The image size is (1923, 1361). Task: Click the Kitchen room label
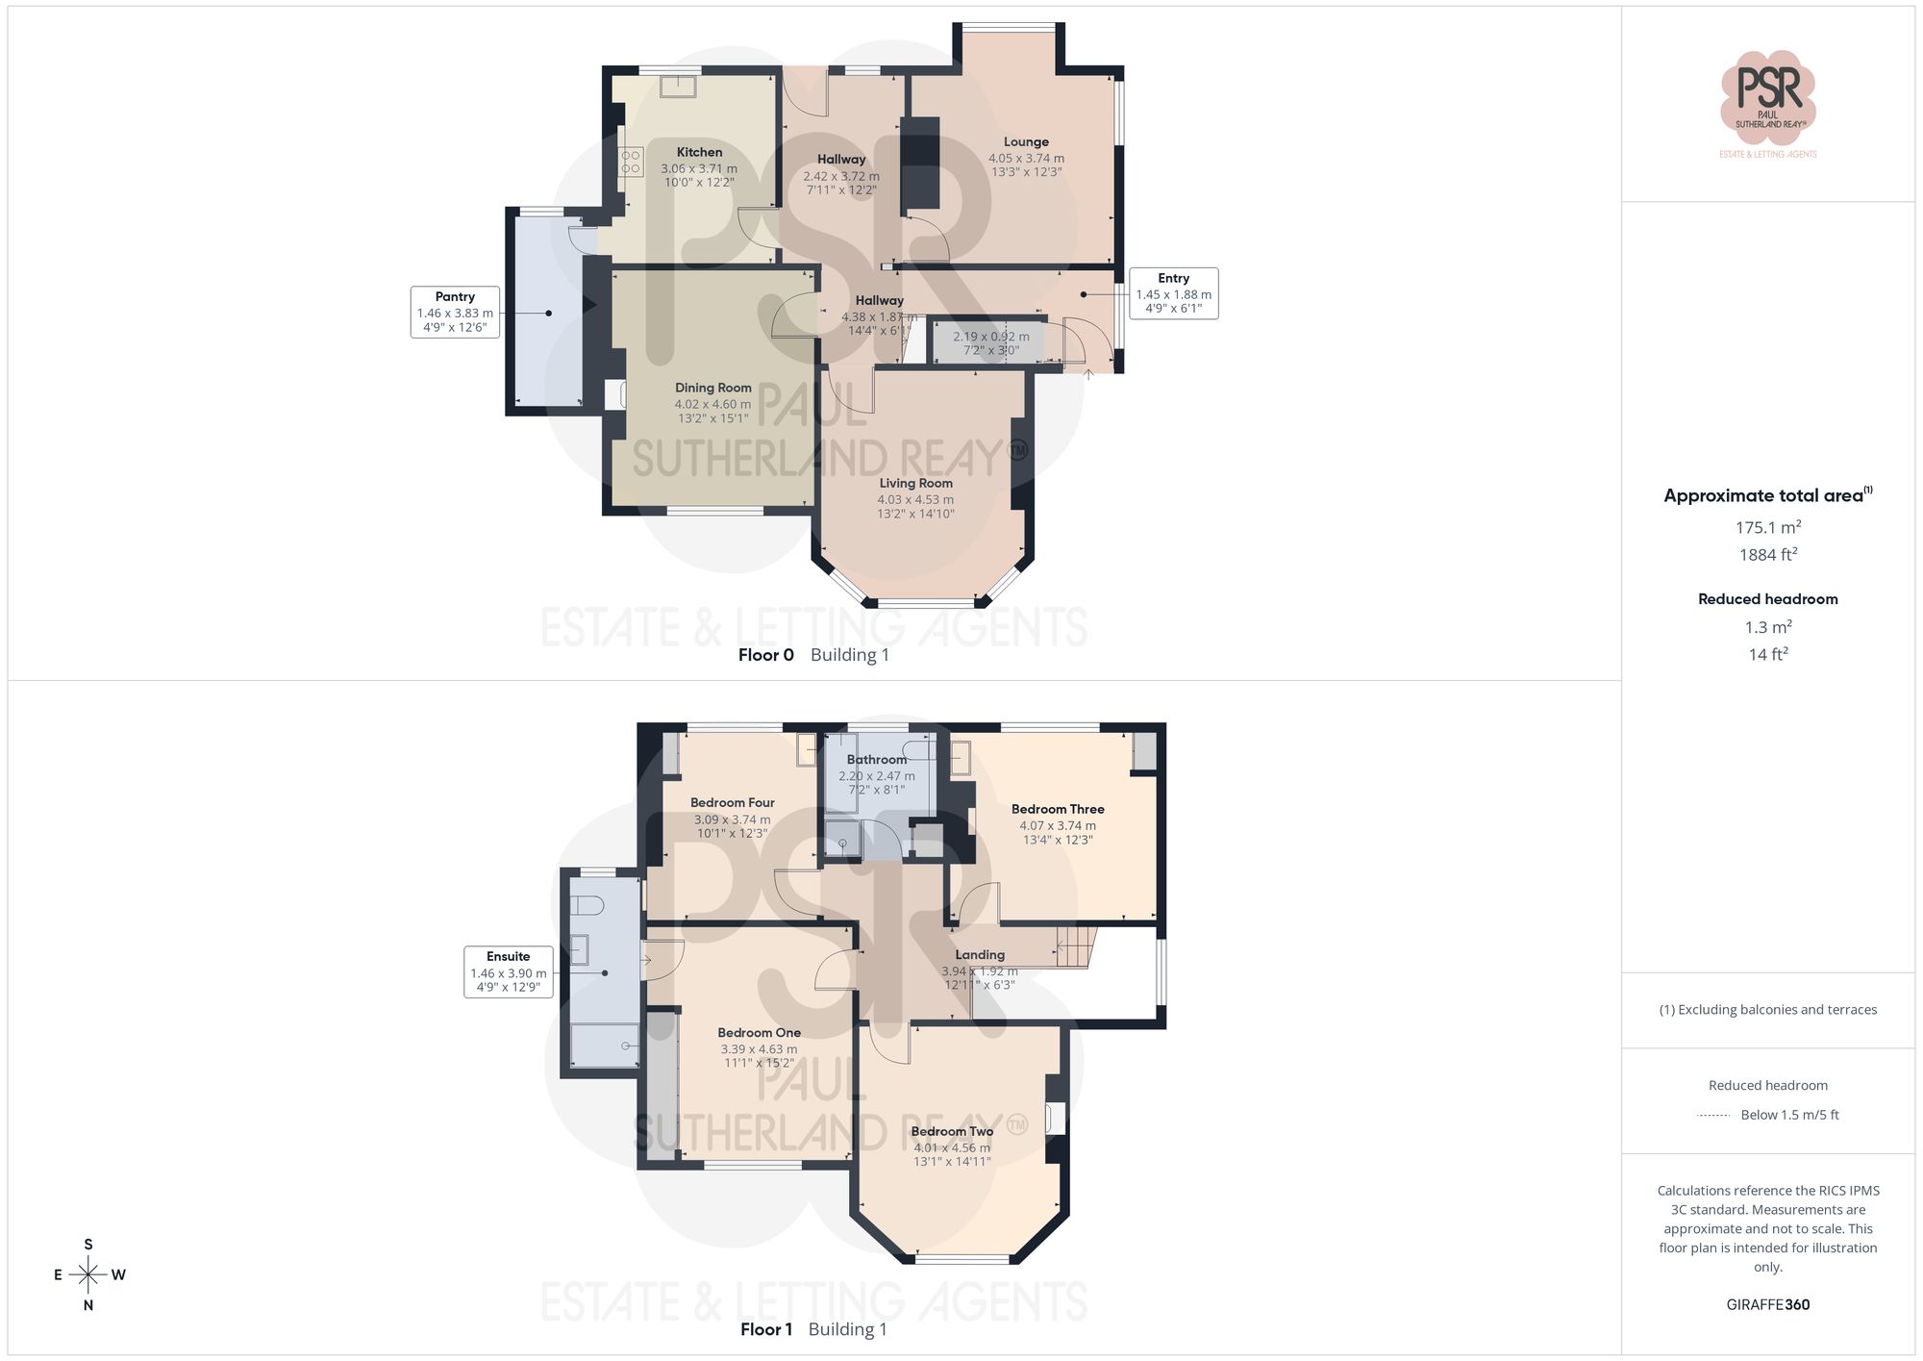point(699,152)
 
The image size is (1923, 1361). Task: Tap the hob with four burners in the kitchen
point(631,162)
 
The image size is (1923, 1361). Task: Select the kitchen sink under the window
point(679,87)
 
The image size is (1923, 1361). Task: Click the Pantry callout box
point(455,312)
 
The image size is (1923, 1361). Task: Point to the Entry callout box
point(1173,293)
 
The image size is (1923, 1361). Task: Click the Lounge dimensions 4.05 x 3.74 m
point(1026,159)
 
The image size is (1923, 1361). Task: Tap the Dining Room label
point(712,388)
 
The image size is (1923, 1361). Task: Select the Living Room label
point(915,483)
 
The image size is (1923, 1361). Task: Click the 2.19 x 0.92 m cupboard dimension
point(990,337)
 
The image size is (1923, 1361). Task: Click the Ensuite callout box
point(508,971)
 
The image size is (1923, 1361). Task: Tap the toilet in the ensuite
point(586,905)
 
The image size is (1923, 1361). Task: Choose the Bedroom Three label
point(1058,809)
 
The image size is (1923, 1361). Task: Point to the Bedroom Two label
point(952,1131)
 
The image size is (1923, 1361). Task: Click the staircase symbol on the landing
point(1075,946)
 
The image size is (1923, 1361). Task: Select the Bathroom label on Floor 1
point(876,759)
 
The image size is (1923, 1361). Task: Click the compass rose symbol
point(88,1275)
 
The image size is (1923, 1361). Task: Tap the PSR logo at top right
point(1767,98)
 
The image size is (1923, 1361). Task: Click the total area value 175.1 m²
point(1767,527)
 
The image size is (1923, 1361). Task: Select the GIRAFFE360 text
point(1767,1304)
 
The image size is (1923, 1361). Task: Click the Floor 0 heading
point(766,655)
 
